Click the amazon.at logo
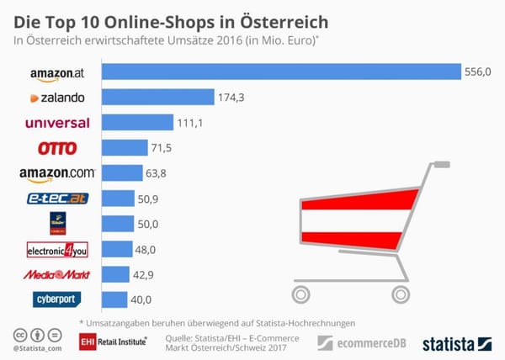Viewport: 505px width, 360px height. [57, 74]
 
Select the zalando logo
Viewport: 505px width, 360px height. [57, 98]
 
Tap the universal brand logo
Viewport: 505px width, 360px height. [57, 123]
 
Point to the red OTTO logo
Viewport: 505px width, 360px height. [57, 148]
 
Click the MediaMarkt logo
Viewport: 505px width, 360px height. [57, 273]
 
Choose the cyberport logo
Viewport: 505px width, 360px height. [57, 299]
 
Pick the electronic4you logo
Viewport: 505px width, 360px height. [57, 249]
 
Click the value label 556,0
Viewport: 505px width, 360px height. [476, 73]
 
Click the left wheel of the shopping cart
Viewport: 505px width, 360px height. [301, 293]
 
